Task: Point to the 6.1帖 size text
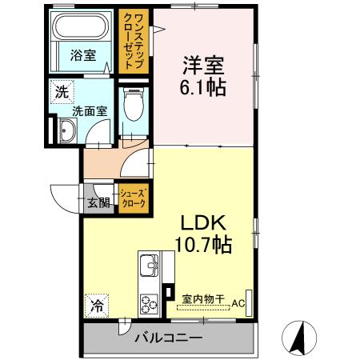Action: pos(202,86)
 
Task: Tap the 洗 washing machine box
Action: pos(62,91)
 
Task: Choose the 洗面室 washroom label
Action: pos(90,112)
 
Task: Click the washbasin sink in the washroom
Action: pos(64,131)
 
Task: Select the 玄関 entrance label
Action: pos(98,202)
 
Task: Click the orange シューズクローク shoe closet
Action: pos(133,198)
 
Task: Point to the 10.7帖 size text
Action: pos(203,242)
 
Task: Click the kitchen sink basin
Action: pos(149,266)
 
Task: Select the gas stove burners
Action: pos(150,302)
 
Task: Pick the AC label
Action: pos(238,303)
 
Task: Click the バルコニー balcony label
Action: pos(168,338)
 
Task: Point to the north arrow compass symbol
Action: pos(298,338)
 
